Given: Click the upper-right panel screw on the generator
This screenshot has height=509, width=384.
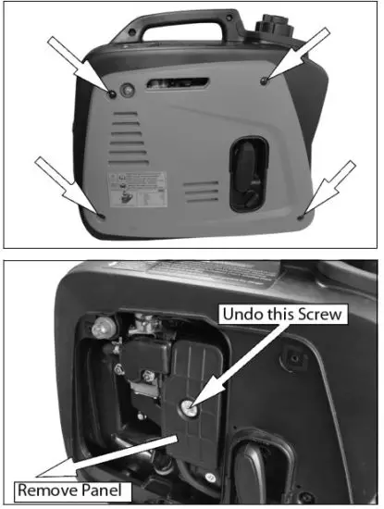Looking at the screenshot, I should (265, 81).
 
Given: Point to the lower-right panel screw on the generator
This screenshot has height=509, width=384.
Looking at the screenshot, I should (302, 215).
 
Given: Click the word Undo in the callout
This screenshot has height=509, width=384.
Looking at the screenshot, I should (242, 314).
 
